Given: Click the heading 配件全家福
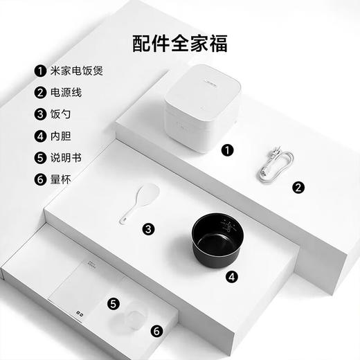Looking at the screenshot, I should [x=180, y=43].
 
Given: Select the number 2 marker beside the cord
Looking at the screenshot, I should [x=298, y=186].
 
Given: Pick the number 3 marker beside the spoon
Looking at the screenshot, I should [x=149, y=228].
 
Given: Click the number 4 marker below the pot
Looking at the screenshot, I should [x=233, y=278].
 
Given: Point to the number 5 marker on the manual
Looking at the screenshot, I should [x=114, y=303].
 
